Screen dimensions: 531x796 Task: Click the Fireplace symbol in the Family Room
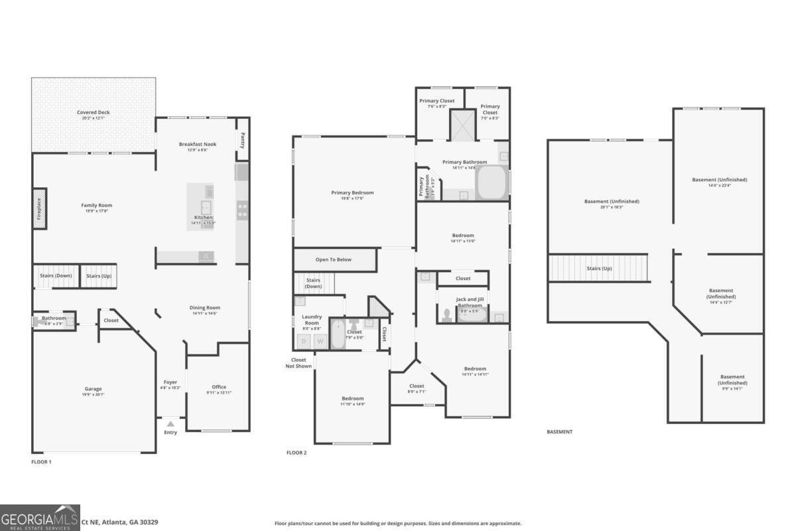[40, 209]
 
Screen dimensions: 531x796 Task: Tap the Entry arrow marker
[170, 423]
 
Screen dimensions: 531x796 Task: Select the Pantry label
[243, 141]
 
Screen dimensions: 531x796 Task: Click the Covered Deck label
[94, 113]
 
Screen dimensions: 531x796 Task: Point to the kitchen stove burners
[242, 211]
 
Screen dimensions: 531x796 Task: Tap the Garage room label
[93, 389]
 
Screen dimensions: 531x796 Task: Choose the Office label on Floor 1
[219, 387]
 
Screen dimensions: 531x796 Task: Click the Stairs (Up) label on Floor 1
[98, 275]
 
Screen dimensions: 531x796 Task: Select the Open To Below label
[334, 260]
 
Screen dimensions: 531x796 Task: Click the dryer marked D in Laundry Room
[304, 341]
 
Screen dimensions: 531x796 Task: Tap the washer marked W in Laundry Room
[320, 341]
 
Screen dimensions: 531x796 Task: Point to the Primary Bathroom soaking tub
[491, 183]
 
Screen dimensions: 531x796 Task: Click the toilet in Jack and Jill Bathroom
[446, 314]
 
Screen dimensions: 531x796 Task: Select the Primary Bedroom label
[352, 193]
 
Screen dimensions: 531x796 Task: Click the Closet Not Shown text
[298, 363]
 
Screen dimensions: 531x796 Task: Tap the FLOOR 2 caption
[297, 453]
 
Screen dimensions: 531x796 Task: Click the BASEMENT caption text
[559, 431]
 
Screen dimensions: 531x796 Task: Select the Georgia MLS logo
[40, 517]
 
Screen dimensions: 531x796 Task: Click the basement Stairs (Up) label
[599, 268]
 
